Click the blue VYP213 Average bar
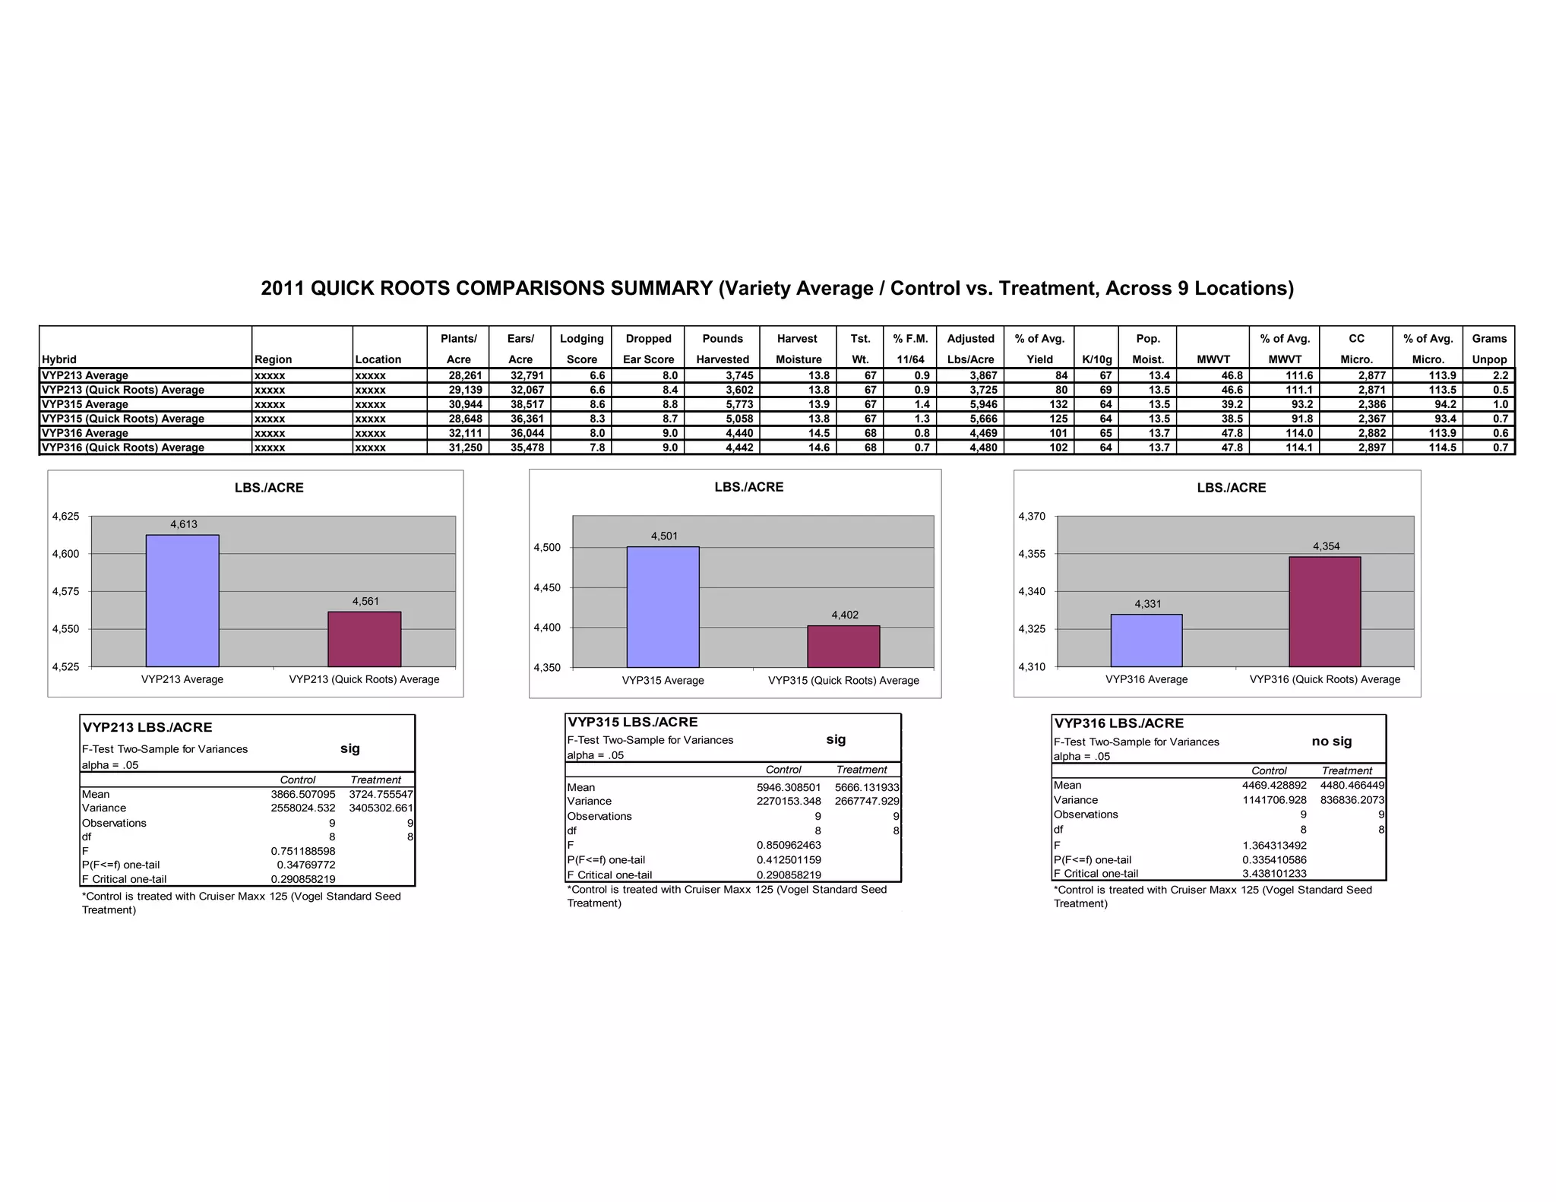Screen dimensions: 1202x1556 click(x=182, y=600)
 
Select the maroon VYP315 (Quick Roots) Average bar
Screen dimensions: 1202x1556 click(x=843, y=647)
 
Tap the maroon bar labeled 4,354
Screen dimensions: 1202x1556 click(x=1324, y=612)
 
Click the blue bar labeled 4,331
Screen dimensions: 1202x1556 click(x=1146, y=641)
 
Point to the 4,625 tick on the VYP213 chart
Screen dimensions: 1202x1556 click(x=65, y=517)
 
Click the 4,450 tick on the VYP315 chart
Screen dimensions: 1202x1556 click(x=547, y=588)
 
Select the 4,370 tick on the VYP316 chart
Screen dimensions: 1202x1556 click(x=1032, y=517)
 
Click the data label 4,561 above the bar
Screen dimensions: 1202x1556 click(x=365, y=601)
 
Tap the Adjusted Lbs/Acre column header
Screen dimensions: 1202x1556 click(x=970, y=349)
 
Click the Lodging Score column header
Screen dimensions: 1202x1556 click(x=581, y=349)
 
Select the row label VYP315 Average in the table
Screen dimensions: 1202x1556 click(x=85, y=404)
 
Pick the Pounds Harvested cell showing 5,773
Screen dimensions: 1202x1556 click(x=738, y=404)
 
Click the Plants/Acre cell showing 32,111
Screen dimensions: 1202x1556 click(x=465, y=433)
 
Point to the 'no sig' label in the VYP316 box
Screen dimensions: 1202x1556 click(x=1332, y=741)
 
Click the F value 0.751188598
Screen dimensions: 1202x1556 click(x=303, y=851)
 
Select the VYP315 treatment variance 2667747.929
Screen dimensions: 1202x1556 click(x=867, y=801)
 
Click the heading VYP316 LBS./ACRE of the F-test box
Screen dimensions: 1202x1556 click(x=1118, y=723)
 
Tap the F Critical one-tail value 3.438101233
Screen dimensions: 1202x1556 click(x=1274, y=874)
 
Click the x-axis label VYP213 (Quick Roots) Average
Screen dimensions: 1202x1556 click(x=364, y=679)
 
